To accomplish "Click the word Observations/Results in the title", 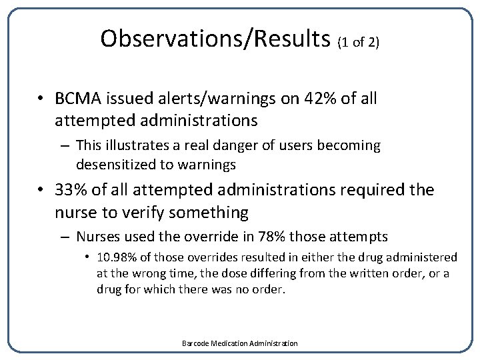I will pos(215,39).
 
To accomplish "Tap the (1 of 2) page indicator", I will pos(359,43).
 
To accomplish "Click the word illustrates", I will pos(132,145).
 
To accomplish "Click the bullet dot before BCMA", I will pos(41,99).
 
